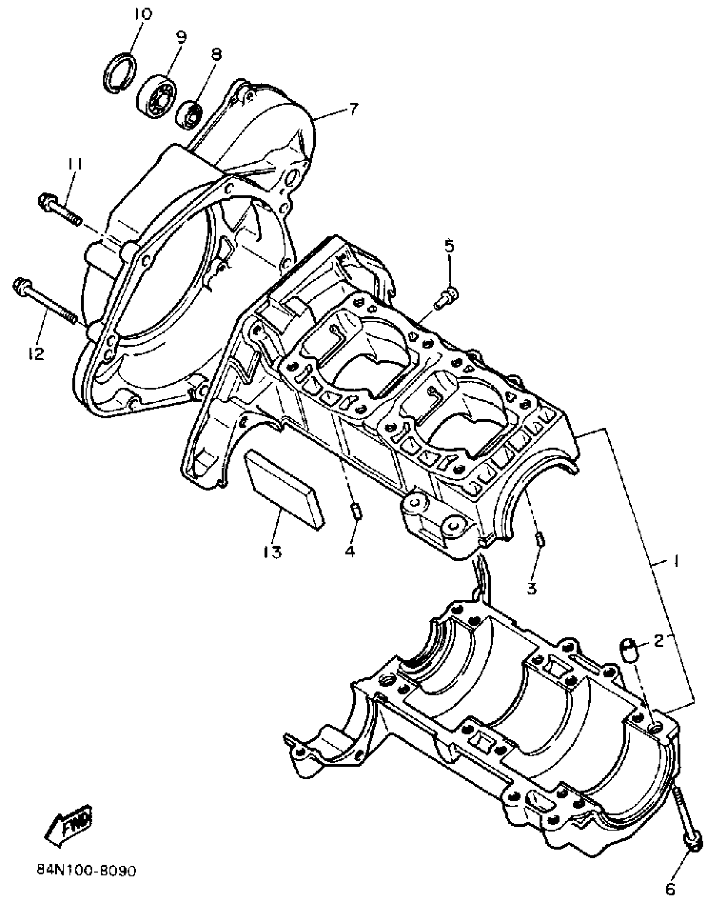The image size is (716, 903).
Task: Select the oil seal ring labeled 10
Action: tap(120, 71)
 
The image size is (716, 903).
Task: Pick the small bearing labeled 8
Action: tap(189, 115)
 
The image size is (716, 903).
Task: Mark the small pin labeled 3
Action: tap(541, 539)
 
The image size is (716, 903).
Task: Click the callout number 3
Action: tap(532, 587)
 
